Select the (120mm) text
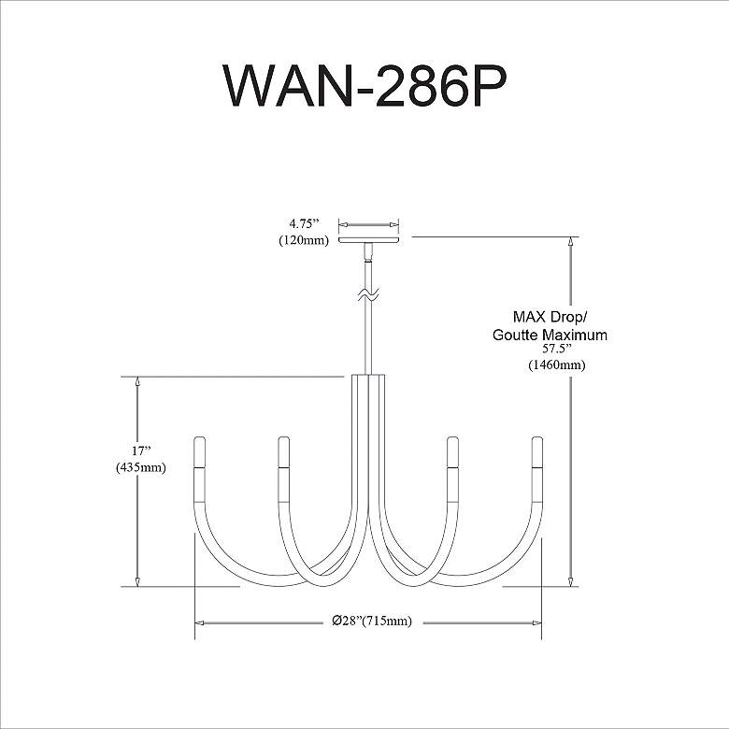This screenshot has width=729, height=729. pyautogui.click(x=304, y=240)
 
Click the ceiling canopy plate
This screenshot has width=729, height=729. pyautogui.click(x=369, y=239)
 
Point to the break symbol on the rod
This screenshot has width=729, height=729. pyautogui.click(x=369, y=298)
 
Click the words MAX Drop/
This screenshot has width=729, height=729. pyautogui.click(x=550, y=316)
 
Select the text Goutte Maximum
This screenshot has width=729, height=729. pyautogui.click(x=550, y=335)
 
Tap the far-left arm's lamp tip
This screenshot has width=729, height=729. pyautogui.click(x=199, y=452)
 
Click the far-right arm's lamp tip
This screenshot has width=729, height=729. pyautogui.click(x=537, y=452)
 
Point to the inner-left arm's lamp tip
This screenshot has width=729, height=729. pyautogui.click(x=283, y=452)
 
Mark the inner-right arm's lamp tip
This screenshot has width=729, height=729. pyautogui.click(x=453, y=452)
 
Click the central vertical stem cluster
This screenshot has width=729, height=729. pyautogui.click(x=369, y=439)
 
